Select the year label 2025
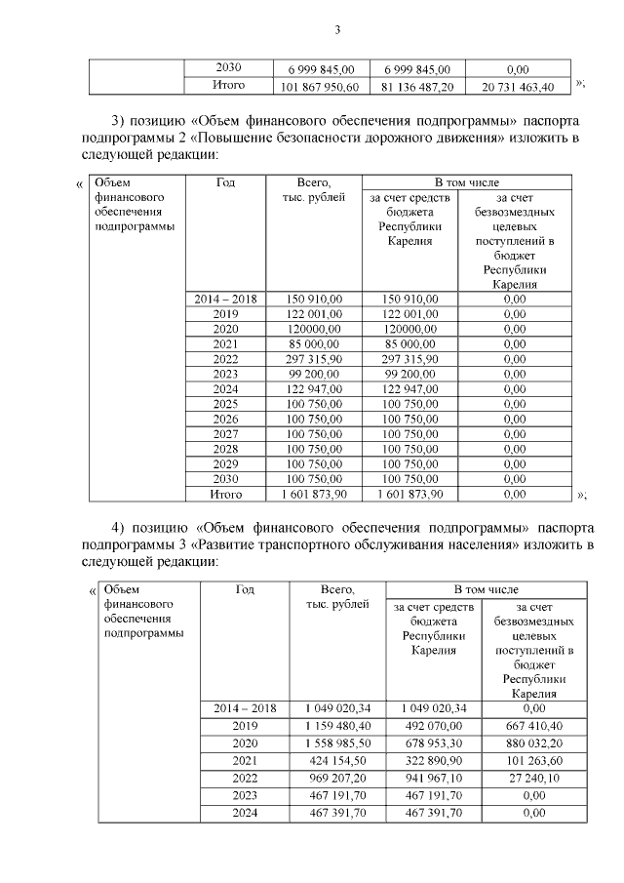(x=225, y=403)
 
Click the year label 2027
(x=225, y=433)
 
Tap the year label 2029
(x=225, y=463)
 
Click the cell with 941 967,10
(x=434, y=778)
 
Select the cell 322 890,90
(x=434, y=760)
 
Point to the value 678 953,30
(x=434, y=743)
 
